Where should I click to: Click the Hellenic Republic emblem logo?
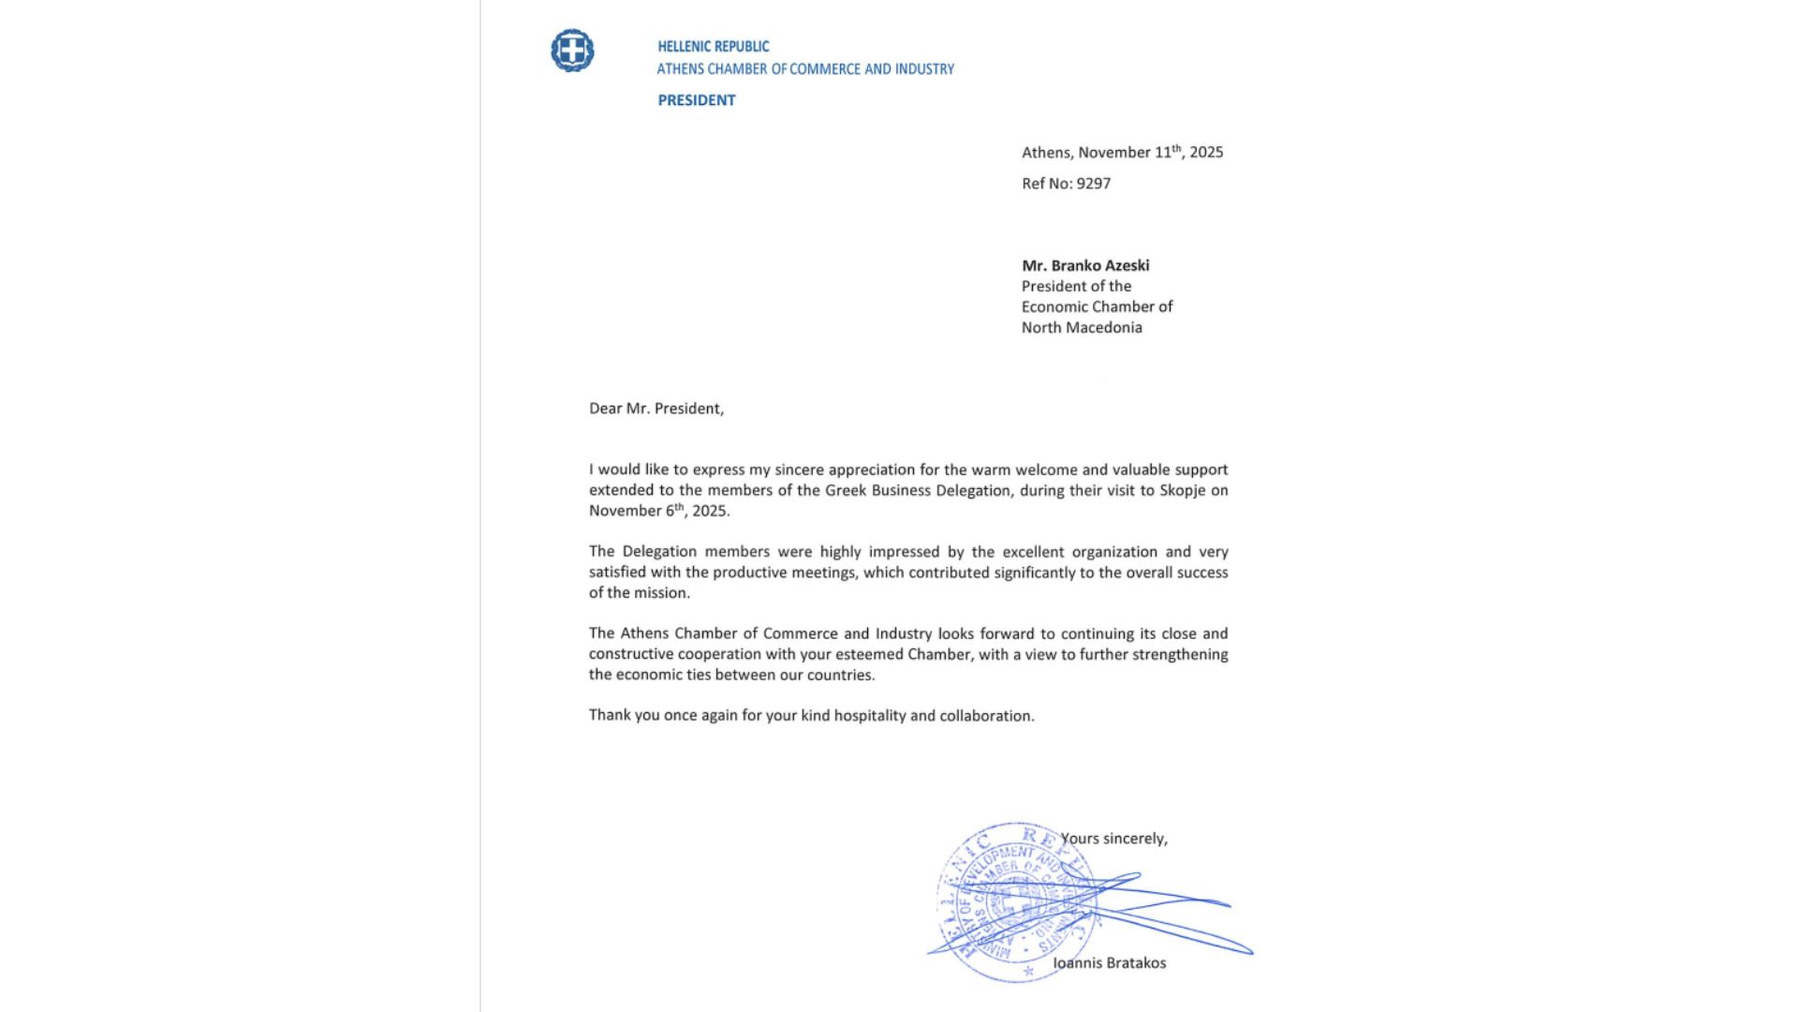click(x=572, y=51)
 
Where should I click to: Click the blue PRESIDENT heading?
click(x=696, y=100)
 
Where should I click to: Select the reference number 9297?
click(x=1093, y=184)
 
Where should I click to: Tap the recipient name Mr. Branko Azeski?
click(x=1085, y=265)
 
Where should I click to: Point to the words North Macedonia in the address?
click(x=1082, y=328)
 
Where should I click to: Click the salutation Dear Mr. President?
click(x=656, y=409)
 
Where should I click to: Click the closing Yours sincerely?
click(x=1113, y=839)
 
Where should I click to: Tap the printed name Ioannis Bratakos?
click(x=1109, y=962)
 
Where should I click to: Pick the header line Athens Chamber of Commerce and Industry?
click(x=805, y=69)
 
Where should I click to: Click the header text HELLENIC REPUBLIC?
click(x=713, y=46)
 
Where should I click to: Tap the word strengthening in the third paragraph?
click(x=1180, y=654)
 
